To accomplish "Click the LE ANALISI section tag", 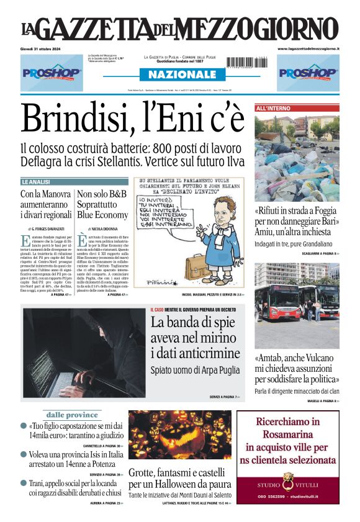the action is pos(35,182).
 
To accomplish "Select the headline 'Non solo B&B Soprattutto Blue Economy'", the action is pos(102,204).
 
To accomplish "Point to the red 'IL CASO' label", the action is pos(156,310).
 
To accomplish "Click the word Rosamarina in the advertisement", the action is pos(287,434).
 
